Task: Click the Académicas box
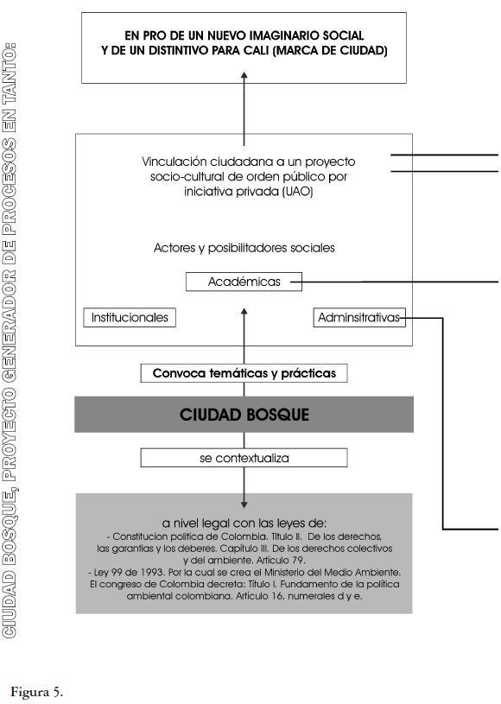tap(244, 282)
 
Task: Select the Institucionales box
tap(130, 317)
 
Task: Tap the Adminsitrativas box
tap(359, 317)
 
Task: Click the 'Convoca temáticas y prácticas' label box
tap(244, 373)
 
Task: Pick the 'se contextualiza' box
tap(244, 458)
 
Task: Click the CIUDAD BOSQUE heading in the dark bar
tap(244, 415)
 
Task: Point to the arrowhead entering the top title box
tap(244, 76)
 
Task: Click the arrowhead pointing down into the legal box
tap(244, 504)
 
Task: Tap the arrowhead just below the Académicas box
tap(244, 312)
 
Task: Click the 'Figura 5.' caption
tap(37, 692)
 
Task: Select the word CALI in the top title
tap(257, 50)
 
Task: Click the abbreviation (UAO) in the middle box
tap(298, 192)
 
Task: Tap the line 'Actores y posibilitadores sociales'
tap(244, 248)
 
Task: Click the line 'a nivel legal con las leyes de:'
tap(244, 523)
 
